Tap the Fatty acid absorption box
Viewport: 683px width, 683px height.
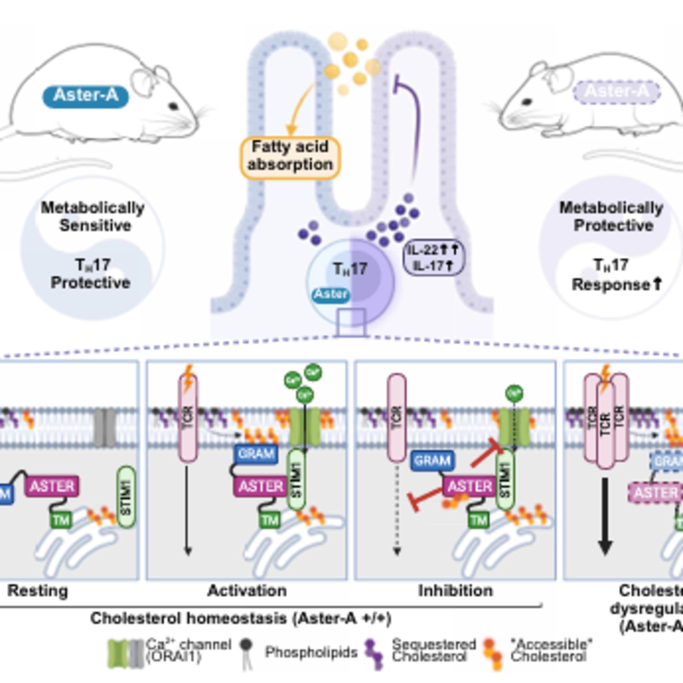click(290, 156)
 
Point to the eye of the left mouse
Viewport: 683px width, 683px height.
click(173, 106)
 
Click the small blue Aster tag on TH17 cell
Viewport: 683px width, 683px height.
click(331, 294)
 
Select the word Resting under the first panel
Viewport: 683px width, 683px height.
click(38, 591)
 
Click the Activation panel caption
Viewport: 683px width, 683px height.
click(247, 591)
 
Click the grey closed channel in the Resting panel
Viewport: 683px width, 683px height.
click(105, 428)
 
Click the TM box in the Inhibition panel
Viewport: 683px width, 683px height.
click(479, 520)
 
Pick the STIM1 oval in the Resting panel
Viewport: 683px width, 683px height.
click(126, 497)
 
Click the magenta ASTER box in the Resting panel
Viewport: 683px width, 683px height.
click(52, 486)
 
